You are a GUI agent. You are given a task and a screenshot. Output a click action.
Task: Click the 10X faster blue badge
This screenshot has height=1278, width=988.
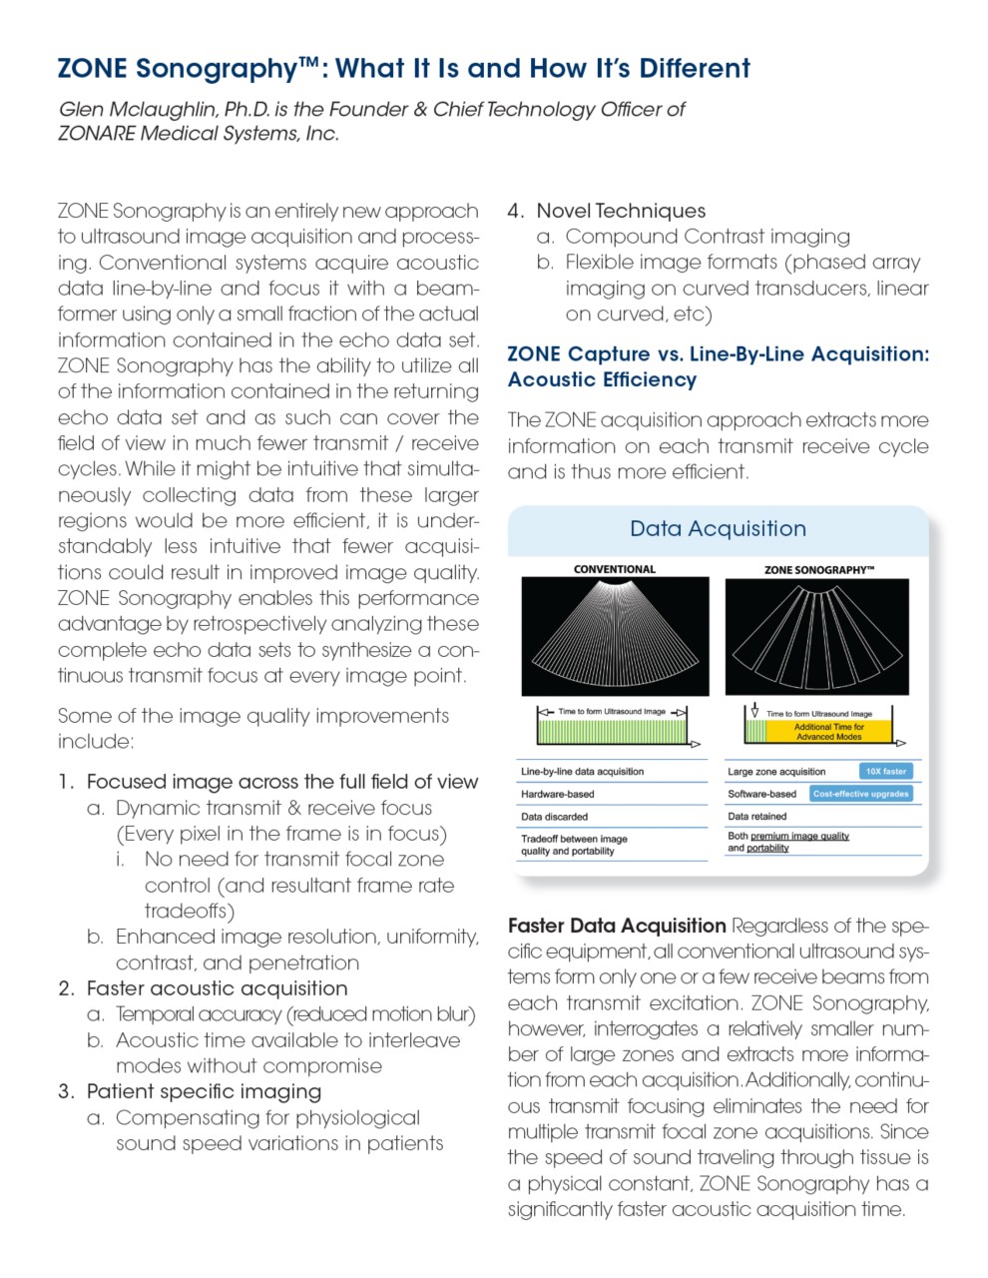click(x=885, y=771)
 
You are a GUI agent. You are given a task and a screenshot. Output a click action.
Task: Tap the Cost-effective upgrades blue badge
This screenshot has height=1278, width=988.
click(x=860, y=794)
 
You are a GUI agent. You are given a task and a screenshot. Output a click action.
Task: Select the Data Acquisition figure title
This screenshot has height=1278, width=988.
click(x=718, y=529)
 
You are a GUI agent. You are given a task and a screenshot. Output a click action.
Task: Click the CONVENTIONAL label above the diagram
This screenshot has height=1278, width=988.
click(x=615, y=569)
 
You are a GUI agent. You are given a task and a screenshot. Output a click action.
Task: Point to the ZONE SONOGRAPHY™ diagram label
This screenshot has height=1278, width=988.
click(x=818, y=570)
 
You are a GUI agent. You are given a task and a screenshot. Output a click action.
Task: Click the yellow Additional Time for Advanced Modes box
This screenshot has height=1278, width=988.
click(x=828, y=732)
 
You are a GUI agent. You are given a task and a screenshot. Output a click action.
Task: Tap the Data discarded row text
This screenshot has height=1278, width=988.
click(x=554, y=817)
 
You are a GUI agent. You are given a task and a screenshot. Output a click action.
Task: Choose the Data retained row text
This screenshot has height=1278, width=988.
click(x=756, y=816)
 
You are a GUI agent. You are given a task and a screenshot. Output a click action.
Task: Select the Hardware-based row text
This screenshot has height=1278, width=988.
click(x=557, y=794)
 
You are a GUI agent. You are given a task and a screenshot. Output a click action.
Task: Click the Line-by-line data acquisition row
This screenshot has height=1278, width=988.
click(x=582, y=771)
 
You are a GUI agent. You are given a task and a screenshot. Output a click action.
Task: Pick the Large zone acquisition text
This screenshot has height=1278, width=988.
click(x=776, y=771)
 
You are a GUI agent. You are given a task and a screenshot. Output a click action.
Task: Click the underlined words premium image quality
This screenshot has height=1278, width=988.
click(x=799, y=836)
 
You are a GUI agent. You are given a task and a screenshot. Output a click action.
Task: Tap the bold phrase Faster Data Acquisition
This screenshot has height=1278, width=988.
click(x=617, y=926)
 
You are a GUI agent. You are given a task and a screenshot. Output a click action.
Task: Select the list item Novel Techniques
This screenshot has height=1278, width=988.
click(x=621, y=211)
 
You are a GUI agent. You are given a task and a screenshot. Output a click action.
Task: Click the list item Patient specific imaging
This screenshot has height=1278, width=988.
click(x=204, y=1091)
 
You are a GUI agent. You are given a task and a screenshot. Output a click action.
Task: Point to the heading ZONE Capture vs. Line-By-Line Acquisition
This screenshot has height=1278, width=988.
click(x=718, y=354)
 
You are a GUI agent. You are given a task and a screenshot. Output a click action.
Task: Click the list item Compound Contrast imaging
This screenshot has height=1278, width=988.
click(x=708, y=237)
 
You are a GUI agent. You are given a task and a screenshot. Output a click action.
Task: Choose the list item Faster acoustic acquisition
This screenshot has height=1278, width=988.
click(x=217, y=988)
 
